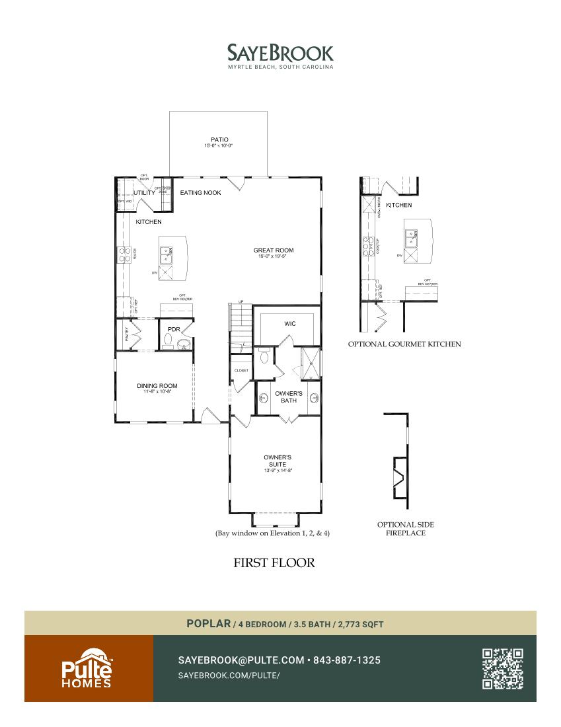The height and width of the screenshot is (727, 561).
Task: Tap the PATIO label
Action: (x=219, y=139)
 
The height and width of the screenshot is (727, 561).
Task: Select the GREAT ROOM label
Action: (x=274, y=250)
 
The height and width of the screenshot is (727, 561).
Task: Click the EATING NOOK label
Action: (x=201, y=193)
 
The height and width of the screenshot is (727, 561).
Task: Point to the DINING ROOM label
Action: (x=157, y=386)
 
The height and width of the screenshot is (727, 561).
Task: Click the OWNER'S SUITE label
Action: (x=278, y=461)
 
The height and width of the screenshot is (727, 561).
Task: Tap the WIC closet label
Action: (x=289, y=324)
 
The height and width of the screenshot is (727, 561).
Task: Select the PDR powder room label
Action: (x=174, y=329)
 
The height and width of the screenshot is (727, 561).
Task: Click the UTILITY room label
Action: (x=145, y=193)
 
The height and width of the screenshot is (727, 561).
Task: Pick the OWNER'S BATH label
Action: (x=289, y=397)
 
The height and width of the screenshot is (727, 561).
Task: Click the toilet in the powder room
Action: (x=168, y=342)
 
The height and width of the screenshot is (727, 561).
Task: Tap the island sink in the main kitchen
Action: (x=166, y=252)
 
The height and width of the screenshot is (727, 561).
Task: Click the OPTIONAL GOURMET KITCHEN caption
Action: (x=404, y=344)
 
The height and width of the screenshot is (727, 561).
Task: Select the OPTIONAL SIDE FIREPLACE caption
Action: (x=406, y=529)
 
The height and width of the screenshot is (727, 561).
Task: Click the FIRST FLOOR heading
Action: (x=274, y=563)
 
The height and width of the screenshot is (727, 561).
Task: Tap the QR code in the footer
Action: (x=503, y=668)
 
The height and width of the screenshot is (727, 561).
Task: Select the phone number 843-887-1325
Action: (x=347, y=660)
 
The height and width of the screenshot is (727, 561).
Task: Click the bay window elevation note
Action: (x=272, y=533)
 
